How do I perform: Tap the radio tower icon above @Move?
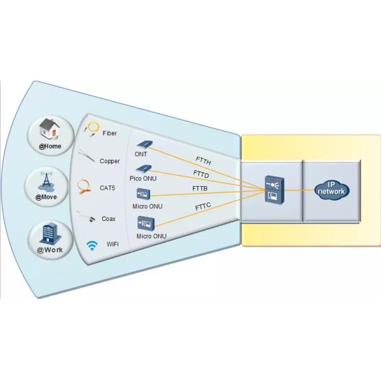(46, 180)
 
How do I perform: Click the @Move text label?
(46, 197)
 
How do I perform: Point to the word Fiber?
(109, 133)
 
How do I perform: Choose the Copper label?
(109, 161)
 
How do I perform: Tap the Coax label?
(109, 219)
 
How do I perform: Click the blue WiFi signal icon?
(91, 244)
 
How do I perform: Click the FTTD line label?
(201, 175)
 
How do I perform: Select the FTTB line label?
(201, 189)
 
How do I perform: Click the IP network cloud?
(331, 190)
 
